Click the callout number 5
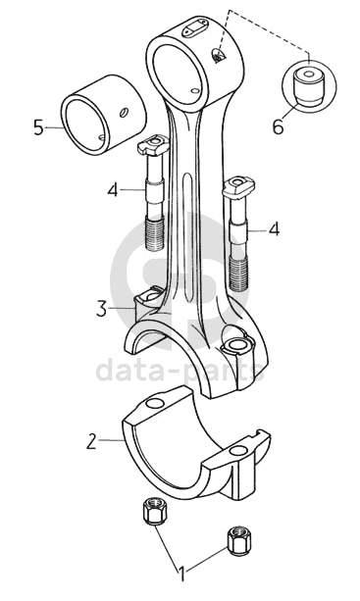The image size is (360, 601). pos(38,126)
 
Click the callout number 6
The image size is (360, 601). pos(279,126)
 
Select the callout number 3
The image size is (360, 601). pos(101,309)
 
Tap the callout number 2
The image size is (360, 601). pos(91,441)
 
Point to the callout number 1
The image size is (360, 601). pos(182,575)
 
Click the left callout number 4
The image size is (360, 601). pos(113,190)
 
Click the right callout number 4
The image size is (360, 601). pos(274,229)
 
